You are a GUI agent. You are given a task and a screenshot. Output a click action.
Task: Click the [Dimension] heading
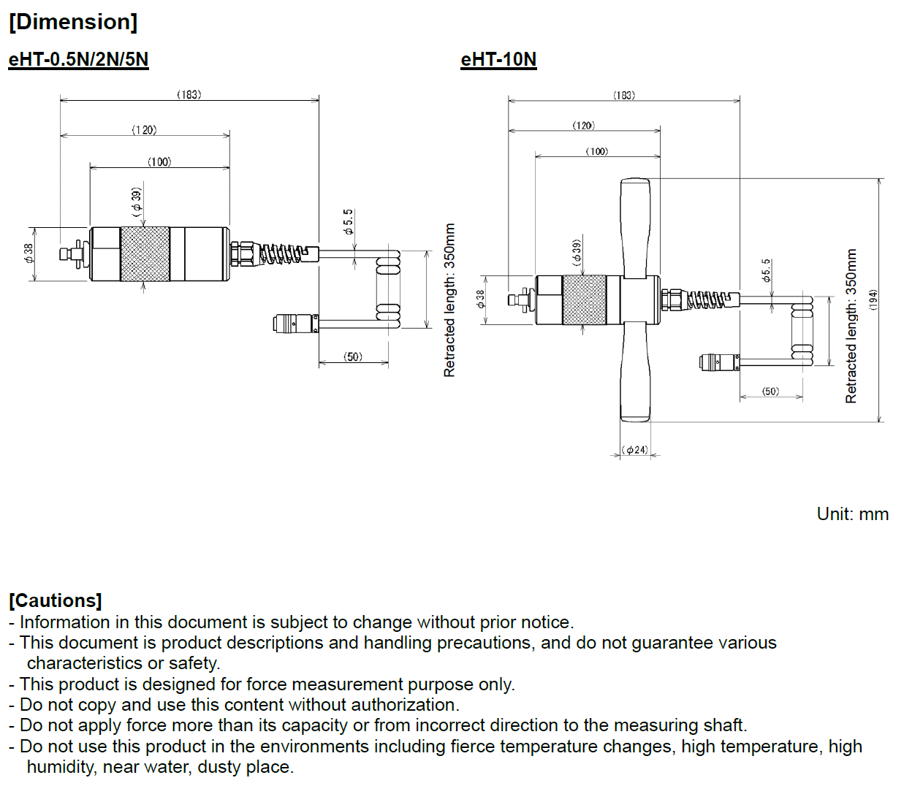tap(73, 22)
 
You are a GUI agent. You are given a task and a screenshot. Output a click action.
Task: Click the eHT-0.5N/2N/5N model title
tap(78, 60)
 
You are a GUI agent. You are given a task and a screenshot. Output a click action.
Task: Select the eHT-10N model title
tap(498, 60)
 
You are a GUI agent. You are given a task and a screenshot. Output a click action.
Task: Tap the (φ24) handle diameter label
tap(635, 450)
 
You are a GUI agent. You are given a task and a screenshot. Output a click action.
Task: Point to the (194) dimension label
tap(873, 300)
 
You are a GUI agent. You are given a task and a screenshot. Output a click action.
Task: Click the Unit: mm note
tap(852, 514)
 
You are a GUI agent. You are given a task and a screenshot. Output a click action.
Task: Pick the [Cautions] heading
tap(56, 600)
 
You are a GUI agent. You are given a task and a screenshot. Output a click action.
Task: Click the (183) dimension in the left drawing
tap(189, 94)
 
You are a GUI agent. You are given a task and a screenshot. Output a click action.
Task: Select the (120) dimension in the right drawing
tap(583, 126)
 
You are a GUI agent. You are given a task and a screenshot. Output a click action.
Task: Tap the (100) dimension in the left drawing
tap(159, 161)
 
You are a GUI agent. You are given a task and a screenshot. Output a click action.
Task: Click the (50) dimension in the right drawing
tap(770, 392)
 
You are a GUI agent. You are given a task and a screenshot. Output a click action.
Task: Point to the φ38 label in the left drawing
tap(29, 253)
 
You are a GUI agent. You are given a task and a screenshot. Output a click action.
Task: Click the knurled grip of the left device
tap(145, 253)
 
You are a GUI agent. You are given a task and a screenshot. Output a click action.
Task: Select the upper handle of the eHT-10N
tap(635, 226)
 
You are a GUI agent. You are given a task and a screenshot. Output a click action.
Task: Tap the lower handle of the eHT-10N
tap(635, 373)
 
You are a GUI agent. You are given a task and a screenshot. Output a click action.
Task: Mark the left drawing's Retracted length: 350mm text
tap(449, 299)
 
